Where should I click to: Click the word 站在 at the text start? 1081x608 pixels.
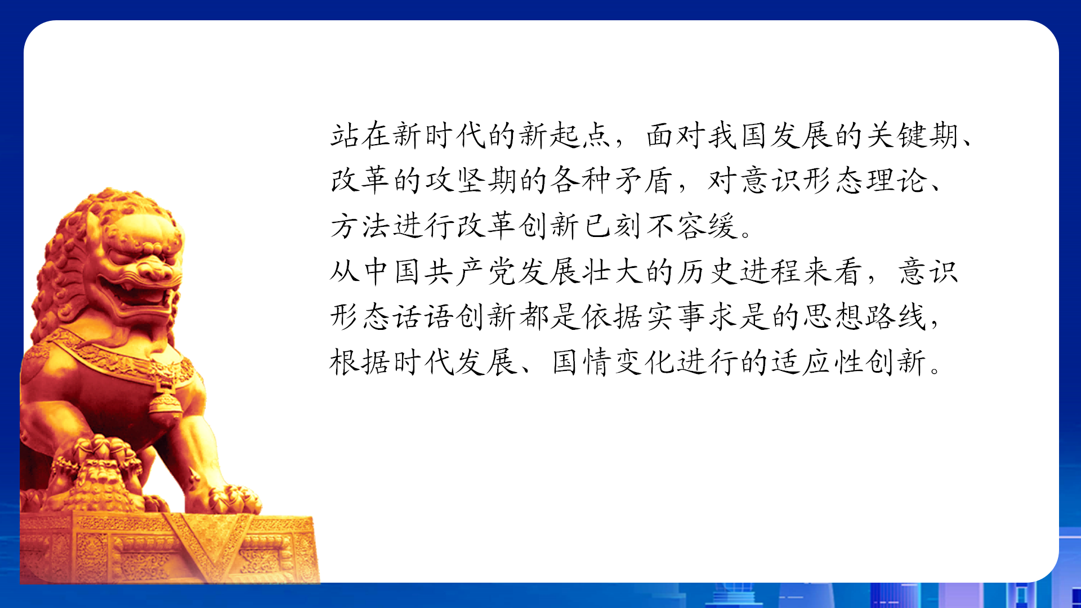coord(361,136)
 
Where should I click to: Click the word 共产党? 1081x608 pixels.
coord(471,271)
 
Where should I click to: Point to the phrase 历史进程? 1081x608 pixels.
coord(739,271)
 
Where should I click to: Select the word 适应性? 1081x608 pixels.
coord(817,362)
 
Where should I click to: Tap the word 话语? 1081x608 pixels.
coord(423,316)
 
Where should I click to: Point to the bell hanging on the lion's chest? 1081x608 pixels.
coord(164,403)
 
